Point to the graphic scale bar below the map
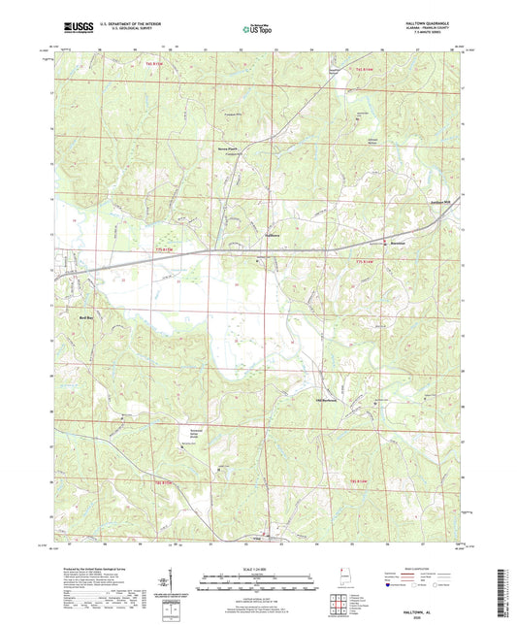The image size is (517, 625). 257,583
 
